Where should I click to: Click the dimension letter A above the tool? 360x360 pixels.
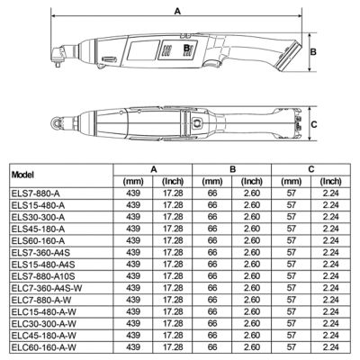177,11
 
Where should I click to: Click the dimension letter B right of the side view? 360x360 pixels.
313,52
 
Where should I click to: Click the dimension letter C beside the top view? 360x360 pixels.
314,124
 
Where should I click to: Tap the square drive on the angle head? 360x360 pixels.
58,64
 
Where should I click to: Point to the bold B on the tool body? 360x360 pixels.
186,48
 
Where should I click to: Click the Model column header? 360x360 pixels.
22,175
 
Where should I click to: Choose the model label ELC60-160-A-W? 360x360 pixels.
44,347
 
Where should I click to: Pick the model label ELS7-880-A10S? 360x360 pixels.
43,276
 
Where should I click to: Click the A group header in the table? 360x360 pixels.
154,169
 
